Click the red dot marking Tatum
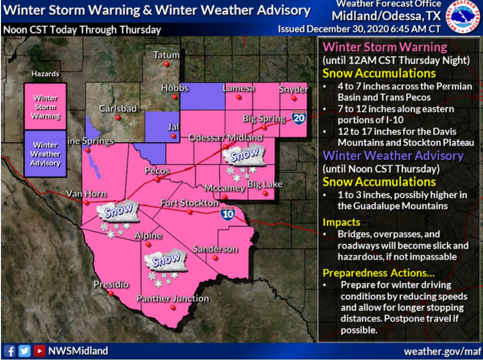(166, 64)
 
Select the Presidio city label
(111, 285)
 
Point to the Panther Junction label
(172, 299)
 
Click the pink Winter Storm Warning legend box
(46, 107)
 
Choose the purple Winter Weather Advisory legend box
(46, 154)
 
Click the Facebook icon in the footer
(9, 350)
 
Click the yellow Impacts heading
(341, 222)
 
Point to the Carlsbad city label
(118, 109)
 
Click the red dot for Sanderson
(215, 257)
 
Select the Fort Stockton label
(189, 203)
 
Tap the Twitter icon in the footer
(24, 350)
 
